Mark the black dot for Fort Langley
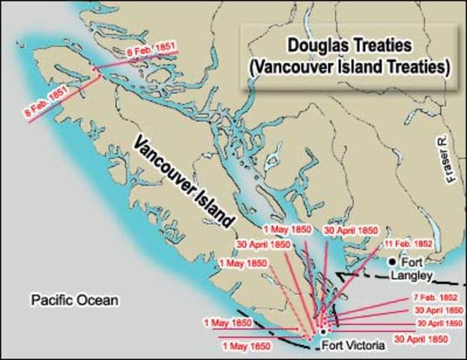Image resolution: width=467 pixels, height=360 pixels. click(x=391, y=263)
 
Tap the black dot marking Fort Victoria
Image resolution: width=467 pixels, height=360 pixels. click(x=322, y=331)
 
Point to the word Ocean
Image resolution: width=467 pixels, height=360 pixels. click(x=100, y=301)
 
